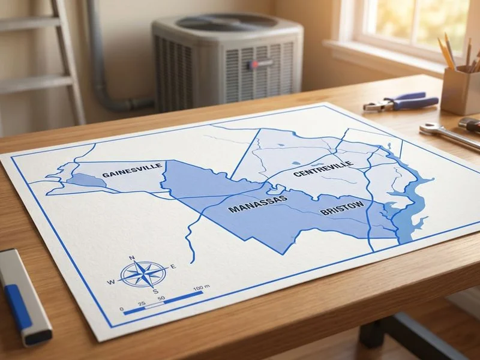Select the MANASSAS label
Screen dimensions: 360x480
[x=257, y=205]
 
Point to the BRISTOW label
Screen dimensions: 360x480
[x=341, y=209]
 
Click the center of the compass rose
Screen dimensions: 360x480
[x=143, y=274]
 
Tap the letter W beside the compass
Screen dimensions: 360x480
[x=111, y=282]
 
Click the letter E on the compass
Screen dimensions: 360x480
[x=173, y=266]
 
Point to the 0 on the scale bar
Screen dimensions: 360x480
[x=122, y=310]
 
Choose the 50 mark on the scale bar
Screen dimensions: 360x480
[x=161, y=299]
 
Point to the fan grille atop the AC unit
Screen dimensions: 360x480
[x=227, y=23]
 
